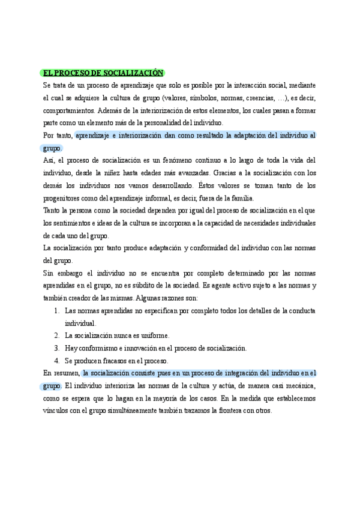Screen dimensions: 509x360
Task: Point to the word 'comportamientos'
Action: click(68, 111)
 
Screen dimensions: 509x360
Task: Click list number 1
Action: click(56, 311)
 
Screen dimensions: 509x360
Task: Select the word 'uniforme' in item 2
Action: click(154, 336)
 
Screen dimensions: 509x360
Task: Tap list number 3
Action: click(56, 348)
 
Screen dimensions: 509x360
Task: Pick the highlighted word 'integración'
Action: click(226, 373)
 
